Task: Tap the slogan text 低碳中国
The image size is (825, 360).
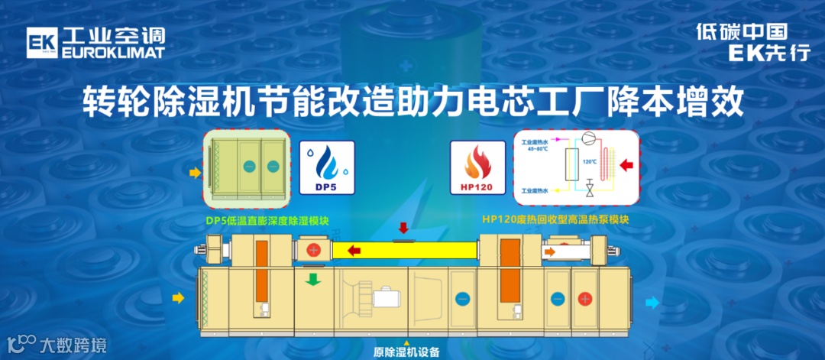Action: tap(741, 32)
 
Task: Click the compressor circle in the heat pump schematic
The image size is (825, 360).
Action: tap(590, 140)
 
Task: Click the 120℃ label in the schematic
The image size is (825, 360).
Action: tap(590, 163)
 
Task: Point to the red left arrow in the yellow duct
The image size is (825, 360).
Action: tap(352, 250)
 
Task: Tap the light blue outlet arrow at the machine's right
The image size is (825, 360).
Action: tap(652, 303)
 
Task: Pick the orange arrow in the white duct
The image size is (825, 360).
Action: tap(551, 250)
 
